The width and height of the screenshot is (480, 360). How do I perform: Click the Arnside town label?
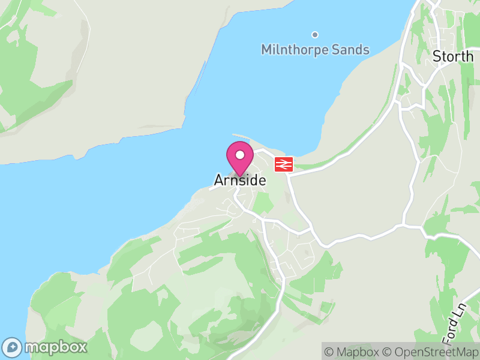(239, 180)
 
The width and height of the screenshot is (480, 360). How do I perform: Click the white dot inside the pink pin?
(239, 155)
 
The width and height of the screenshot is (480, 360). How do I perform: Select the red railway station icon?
(284, 164)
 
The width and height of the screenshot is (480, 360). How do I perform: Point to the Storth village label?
(453, 56)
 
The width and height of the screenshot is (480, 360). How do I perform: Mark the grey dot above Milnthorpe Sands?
(314, 34)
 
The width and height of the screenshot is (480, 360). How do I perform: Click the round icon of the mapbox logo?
(12, 347)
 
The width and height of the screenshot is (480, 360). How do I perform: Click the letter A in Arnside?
(219, 180)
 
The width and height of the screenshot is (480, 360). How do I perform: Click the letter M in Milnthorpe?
(266, 50)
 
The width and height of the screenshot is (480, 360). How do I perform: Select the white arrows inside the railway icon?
(284, 164)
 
